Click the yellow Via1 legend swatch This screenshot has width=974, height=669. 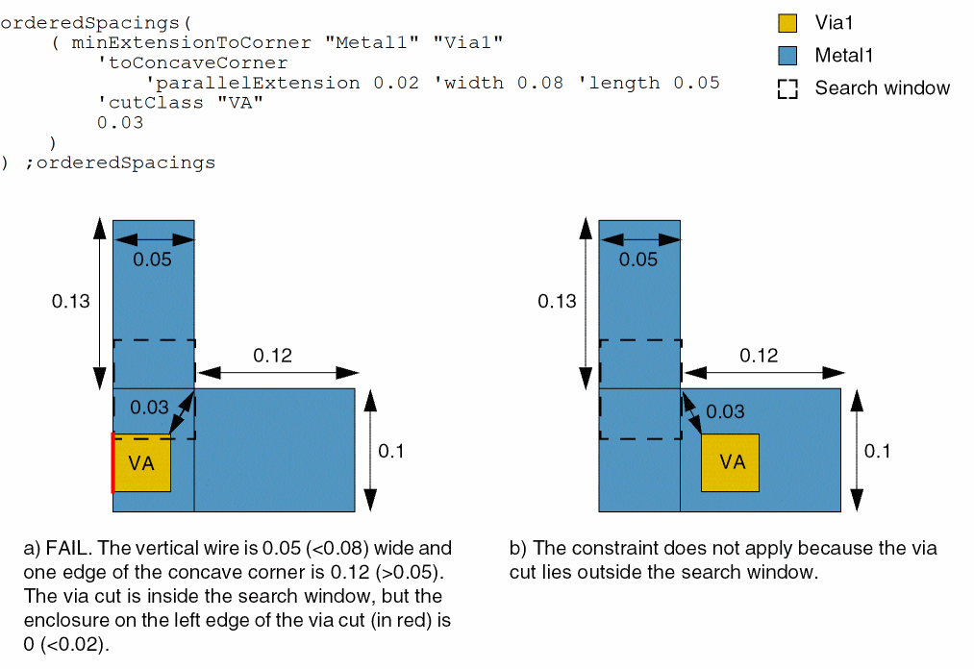pos(787,23)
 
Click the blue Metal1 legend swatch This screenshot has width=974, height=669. pos(787,56)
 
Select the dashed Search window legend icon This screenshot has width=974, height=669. pos(787,88)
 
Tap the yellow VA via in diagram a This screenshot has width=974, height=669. pos(142,462)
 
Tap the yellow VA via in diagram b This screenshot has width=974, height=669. pos(731,462)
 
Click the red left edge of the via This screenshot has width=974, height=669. pos(113,462)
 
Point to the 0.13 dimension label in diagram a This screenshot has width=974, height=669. pos(71,301)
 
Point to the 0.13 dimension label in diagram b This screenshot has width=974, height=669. pos(557,301)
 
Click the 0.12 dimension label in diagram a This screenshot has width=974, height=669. pos(272,356)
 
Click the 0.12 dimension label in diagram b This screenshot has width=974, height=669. pos(759,356)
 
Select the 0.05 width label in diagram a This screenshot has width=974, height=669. pos(153,260)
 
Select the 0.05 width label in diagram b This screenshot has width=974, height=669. pos(638,260)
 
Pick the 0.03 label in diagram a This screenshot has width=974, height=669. pos(149,408)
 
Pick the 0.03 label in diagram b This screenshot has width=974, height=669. pos(725,411)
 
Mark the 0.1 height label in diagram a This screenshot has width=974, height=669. pos(391,450)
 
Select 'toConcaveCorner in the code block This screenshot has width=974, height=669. pos(192,62)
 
